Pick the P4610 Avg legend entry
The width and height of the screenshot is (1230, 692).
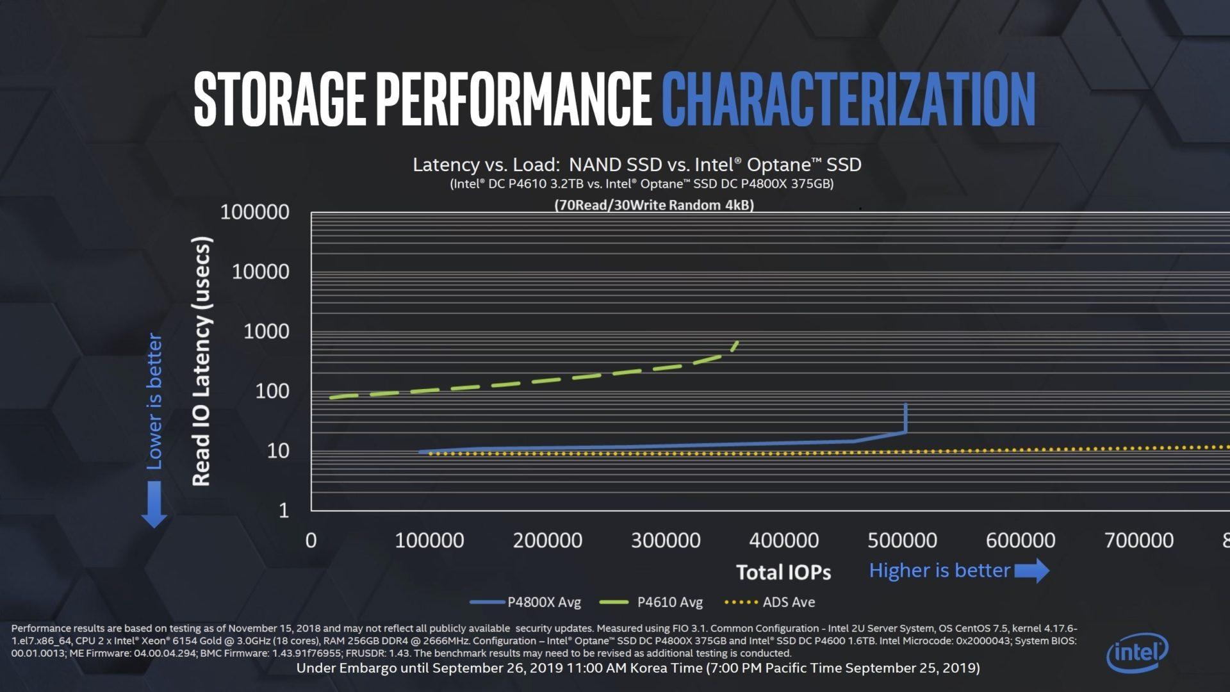click(652, 602)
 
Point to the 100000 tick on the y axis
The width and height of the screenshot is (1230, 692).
click(254, 212)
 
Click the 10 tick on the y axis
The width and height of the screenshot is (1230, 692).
click(277, 451)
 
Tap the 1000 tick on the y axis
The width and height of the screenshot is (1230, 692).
click(266, 331)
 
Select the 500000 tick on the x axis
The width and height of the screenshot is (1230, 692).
click(902, 540)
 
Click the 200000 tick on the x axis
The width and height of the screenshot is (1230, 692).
click(547, 540)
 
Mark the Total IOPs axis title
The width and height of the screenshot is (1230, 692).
click(783, 572)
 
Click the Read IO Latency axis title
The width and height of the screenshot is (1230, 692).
click(201, 361)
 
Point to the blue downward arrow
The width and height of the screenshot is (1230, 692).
click(154, 505)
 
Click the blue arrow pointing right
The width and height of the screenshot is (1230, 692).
click(1032, 570)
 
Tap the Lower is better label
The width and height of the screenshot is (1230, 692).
click(154, 401)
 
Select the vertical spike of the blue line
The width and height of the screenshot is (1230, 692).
click(905, 418)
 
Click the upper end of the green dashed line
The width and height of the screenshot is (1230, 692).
click(737, 343)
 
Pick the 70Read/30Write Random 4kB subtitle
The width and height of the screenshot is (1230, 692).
click(653, 205)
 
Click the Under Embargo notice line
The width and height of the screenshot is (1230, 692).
click(637, 668)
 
